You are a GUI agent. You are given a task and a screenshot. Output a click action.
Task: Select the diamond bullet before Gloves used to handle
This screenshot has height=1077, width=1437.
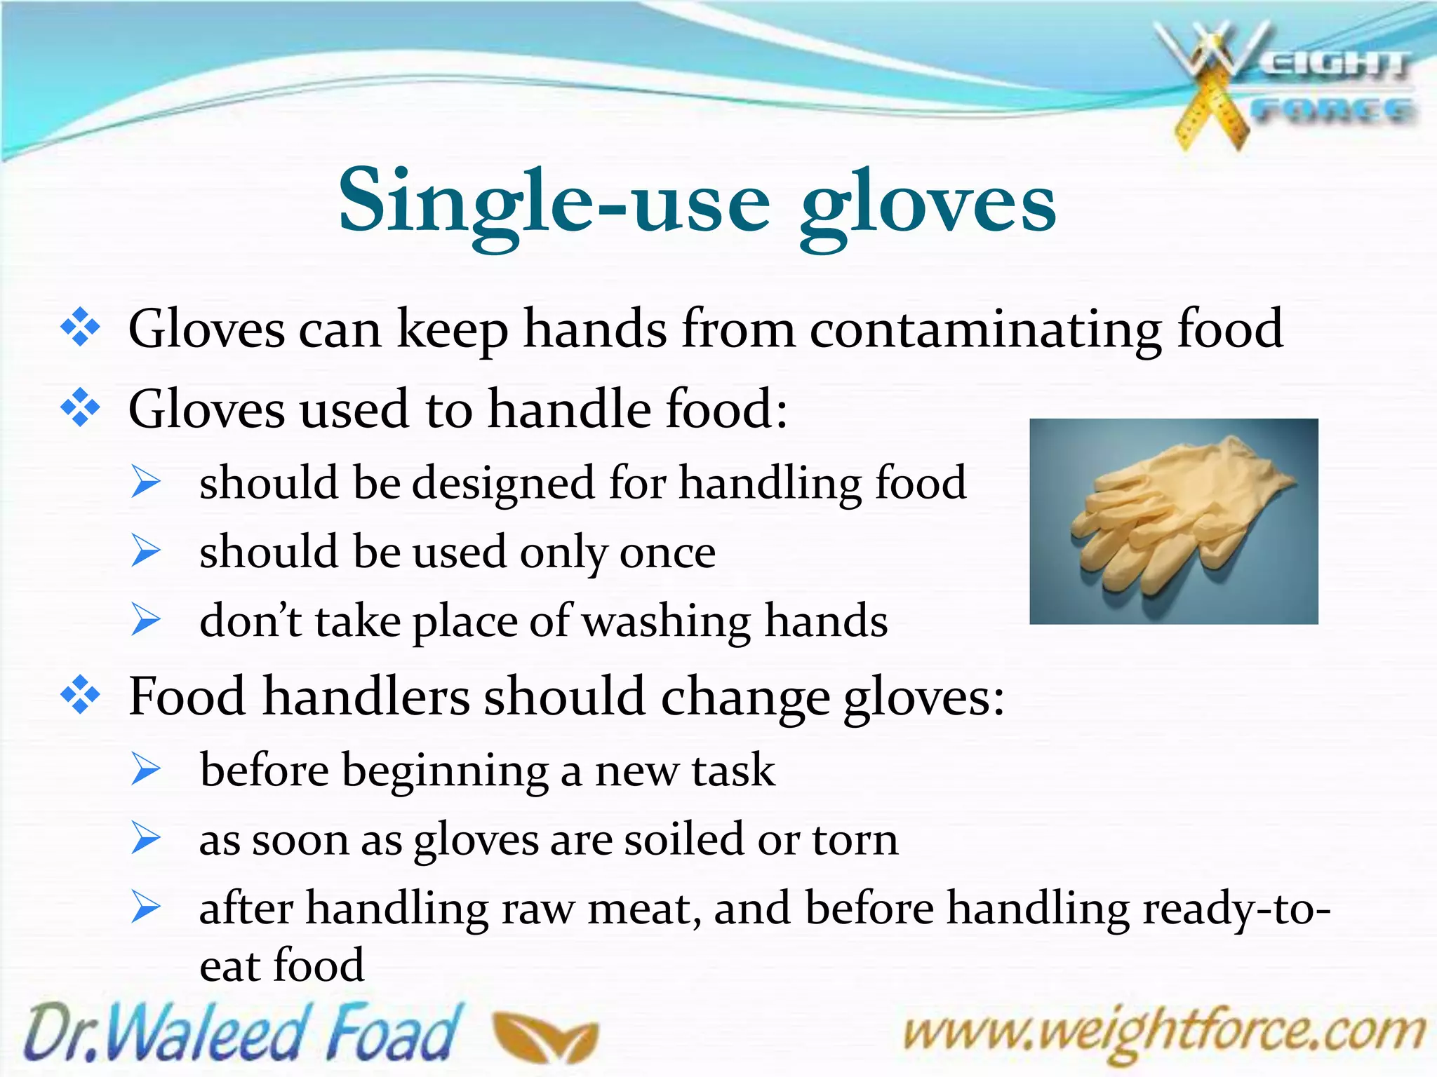coord(81,407)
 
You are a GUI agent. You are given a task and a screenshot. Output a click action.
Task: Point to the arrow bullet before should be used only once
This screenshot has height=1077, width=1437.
coord(146,551)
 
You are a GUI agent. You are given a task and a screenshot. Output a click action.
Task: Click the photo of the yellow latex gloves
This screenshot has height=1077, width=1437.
coord(1173,521)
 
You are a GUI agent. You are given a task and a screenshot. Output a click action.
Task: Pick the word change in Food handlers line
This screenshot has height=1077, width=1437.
coord(744,698)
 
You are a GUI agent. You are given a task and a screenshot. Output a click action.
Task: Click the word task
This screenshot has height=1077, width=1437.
coord(733,770)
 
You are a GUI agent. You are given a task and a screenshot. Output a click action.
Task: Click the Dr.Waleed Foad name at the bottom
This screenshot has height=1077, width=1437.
coord(242,1033)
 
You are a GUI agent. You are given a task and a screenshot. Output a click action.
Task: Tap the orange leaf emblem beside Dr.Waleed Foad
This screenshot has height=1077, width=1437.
coord(545,1036)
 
